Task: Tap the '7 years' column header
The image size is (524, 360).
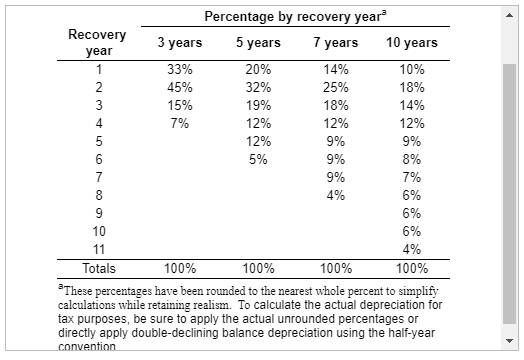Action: click(336, 43)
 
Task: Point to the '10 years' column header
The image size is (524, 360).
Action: click(411, 43)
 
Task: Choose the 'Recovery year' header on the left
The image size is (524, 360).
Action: click(97, 42)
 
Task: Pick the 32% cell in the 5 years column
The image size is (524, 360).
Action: click(257, 87)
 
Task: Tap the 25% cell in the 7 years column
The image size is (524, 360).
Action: click(336, 87)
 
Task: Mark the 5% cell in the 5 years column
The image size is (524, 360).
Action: click(257, 158)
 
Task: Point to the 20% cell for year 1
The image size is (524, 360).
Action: click(257, 70)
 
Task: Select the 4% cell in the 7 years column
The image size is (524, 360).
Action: click(336, 195)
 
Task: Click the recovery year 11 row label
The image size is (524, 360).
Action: click(98, 249)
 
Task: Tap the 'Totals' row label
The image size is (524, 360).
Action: click(98, 268)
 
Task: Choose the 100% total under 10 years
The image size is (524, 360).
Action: click(411, 268)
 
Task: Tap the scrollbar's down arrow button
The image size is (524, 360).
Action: click(509, 340)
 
